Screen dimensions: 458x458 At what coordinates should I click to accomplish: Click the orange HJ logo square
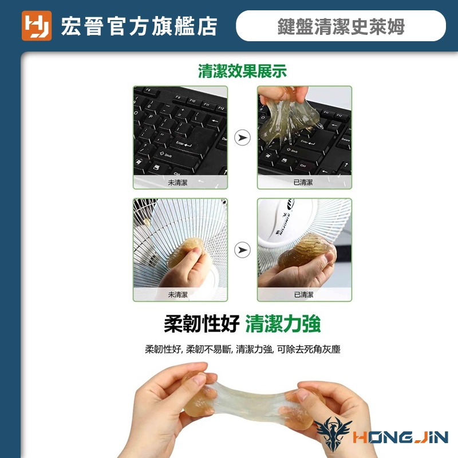pyautogui.click(x=37, y=26)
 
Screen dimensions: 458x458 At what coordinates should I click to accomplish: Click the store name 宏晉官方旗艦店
pyautogui.click(x=139, y=26)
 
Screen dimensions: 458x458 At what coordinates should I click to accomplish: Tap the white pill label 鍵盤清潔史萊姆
pyautogui.click(x=341, y=26)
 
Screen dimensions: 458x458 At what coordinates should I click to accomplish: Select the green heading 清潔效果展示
pyautogui.click(x=242, y=71)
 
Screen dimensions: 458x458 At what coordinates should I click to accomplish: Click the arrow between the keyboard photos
pyautogui.click(x=242, y=137)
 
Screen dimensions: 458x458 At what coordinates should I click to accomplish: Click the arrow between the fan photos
pyautogui.click(x=242, y=250)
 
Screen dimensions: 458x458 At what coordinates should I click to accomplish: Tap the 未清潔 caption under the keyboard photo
pyautogui.click(x=177, y=183)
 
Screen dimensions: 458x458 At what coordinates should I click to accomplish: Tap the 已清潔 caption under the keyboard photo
pyautogui.click(x=303, y=183)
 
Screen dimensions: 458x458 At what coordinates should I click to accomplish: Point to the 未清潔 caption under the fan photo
pyautogui.click(x=177, y=295)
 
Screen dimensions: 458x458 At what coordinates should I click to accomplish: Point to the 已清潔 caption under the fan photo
pyautogui.click(x=303, y=295)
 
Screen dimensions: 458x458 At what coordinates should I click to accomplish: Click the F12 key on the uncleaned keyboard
pyautogui.click(x=221, y=108)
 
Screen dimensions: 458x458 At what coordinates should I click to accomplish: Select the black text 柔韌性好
pyautogui.click(x=202, y=323)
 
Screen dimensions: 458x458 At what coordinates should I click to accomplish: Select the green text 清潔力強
pyautogui.click(x=283, y=323)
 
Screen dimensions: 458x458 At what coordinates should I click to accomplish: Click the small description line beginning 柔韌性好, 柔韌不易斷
pyautogui.click(x=243, y=349)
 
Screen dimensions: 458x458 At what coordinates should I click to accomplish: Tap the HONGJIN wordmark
pyautogui.click(x=400, y=437)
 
